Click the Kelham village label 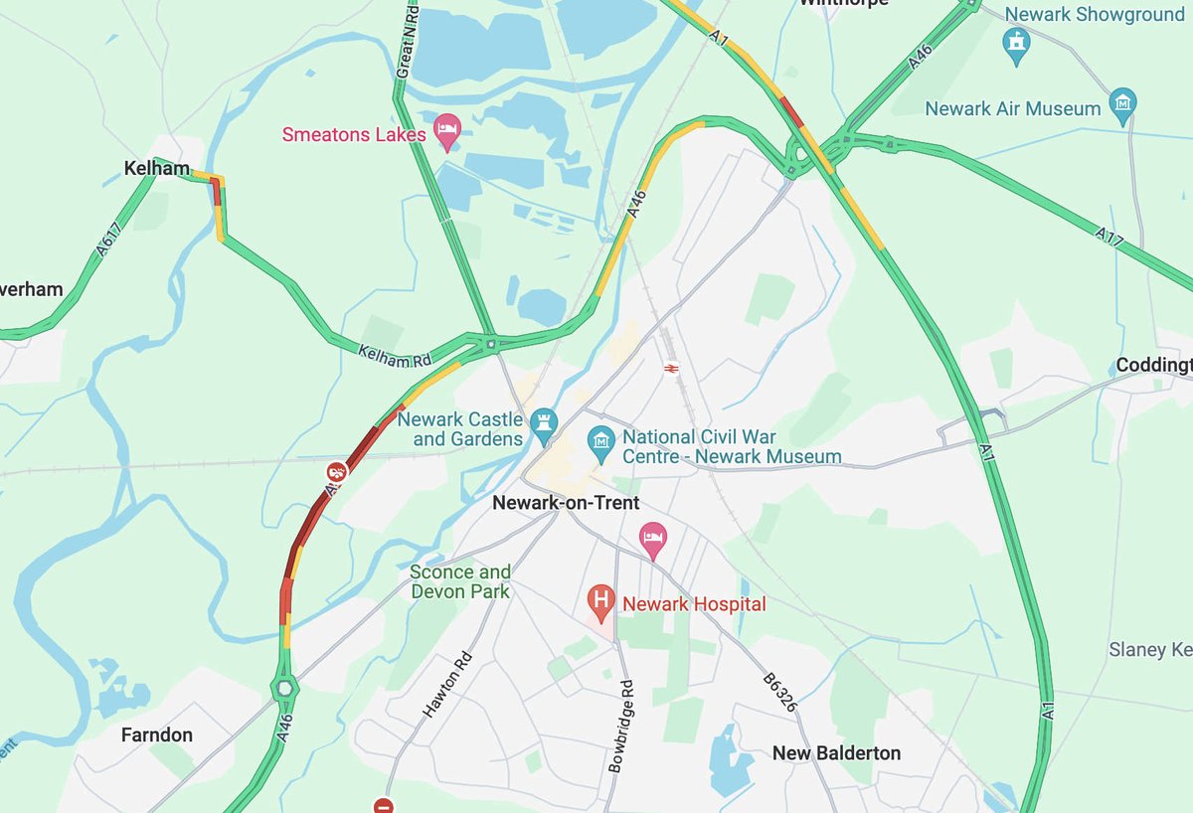point(157,169)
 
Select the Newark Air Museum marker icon point(1123,103)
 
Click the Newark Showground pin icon point(1016,43)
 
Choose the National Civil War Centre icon point(600,437)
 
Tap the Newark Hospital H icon point(600,599)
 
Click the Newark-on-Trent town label point(566,503)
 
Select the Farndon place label point(156,734)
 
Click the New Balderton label point(836,752)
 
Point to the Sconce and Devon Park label point(460,581)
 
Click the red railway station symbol point(671,368)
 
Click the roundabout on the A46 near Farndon point(285,687)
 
